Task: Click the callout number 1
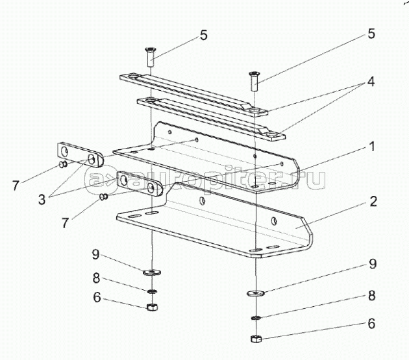(x=372, y=147)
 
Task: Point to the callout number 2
(x=373, y=202)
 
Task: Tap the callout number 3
(x=42, y=199)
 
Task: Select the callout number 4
(x=371, y=82)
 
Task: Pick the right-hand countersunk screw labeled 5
(x=254, y=81)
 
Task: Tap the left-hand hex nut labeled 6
(x=151, y=307)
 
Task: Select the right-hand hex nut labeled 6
(x=256, y=339)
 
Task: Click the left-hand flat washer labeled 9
(x=152, y=272)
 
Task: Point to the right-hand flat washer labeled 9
(x=256, y=293)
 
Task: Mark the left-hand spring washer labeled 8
(x=152, y=291)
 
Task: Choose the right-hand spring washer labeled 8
(x=256, y=317)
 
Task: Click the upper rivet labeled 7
(x=63, y=164)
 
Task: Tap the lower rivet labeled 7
(x=104, y=197)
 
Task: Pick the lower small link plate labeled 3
(x=140, y=184)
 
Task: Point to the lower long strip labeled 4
(x=211, y=119)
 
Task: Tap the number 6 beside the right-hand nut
(x=371, y=323)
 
